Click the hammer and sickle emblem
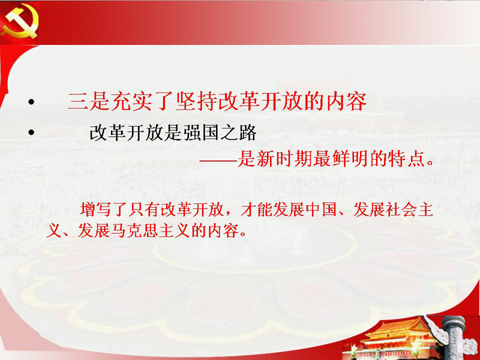19,22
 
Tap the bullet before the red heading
31,102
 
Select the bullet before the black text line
31,133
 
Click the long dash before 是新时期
218,160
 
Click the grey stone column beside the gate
453,337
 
